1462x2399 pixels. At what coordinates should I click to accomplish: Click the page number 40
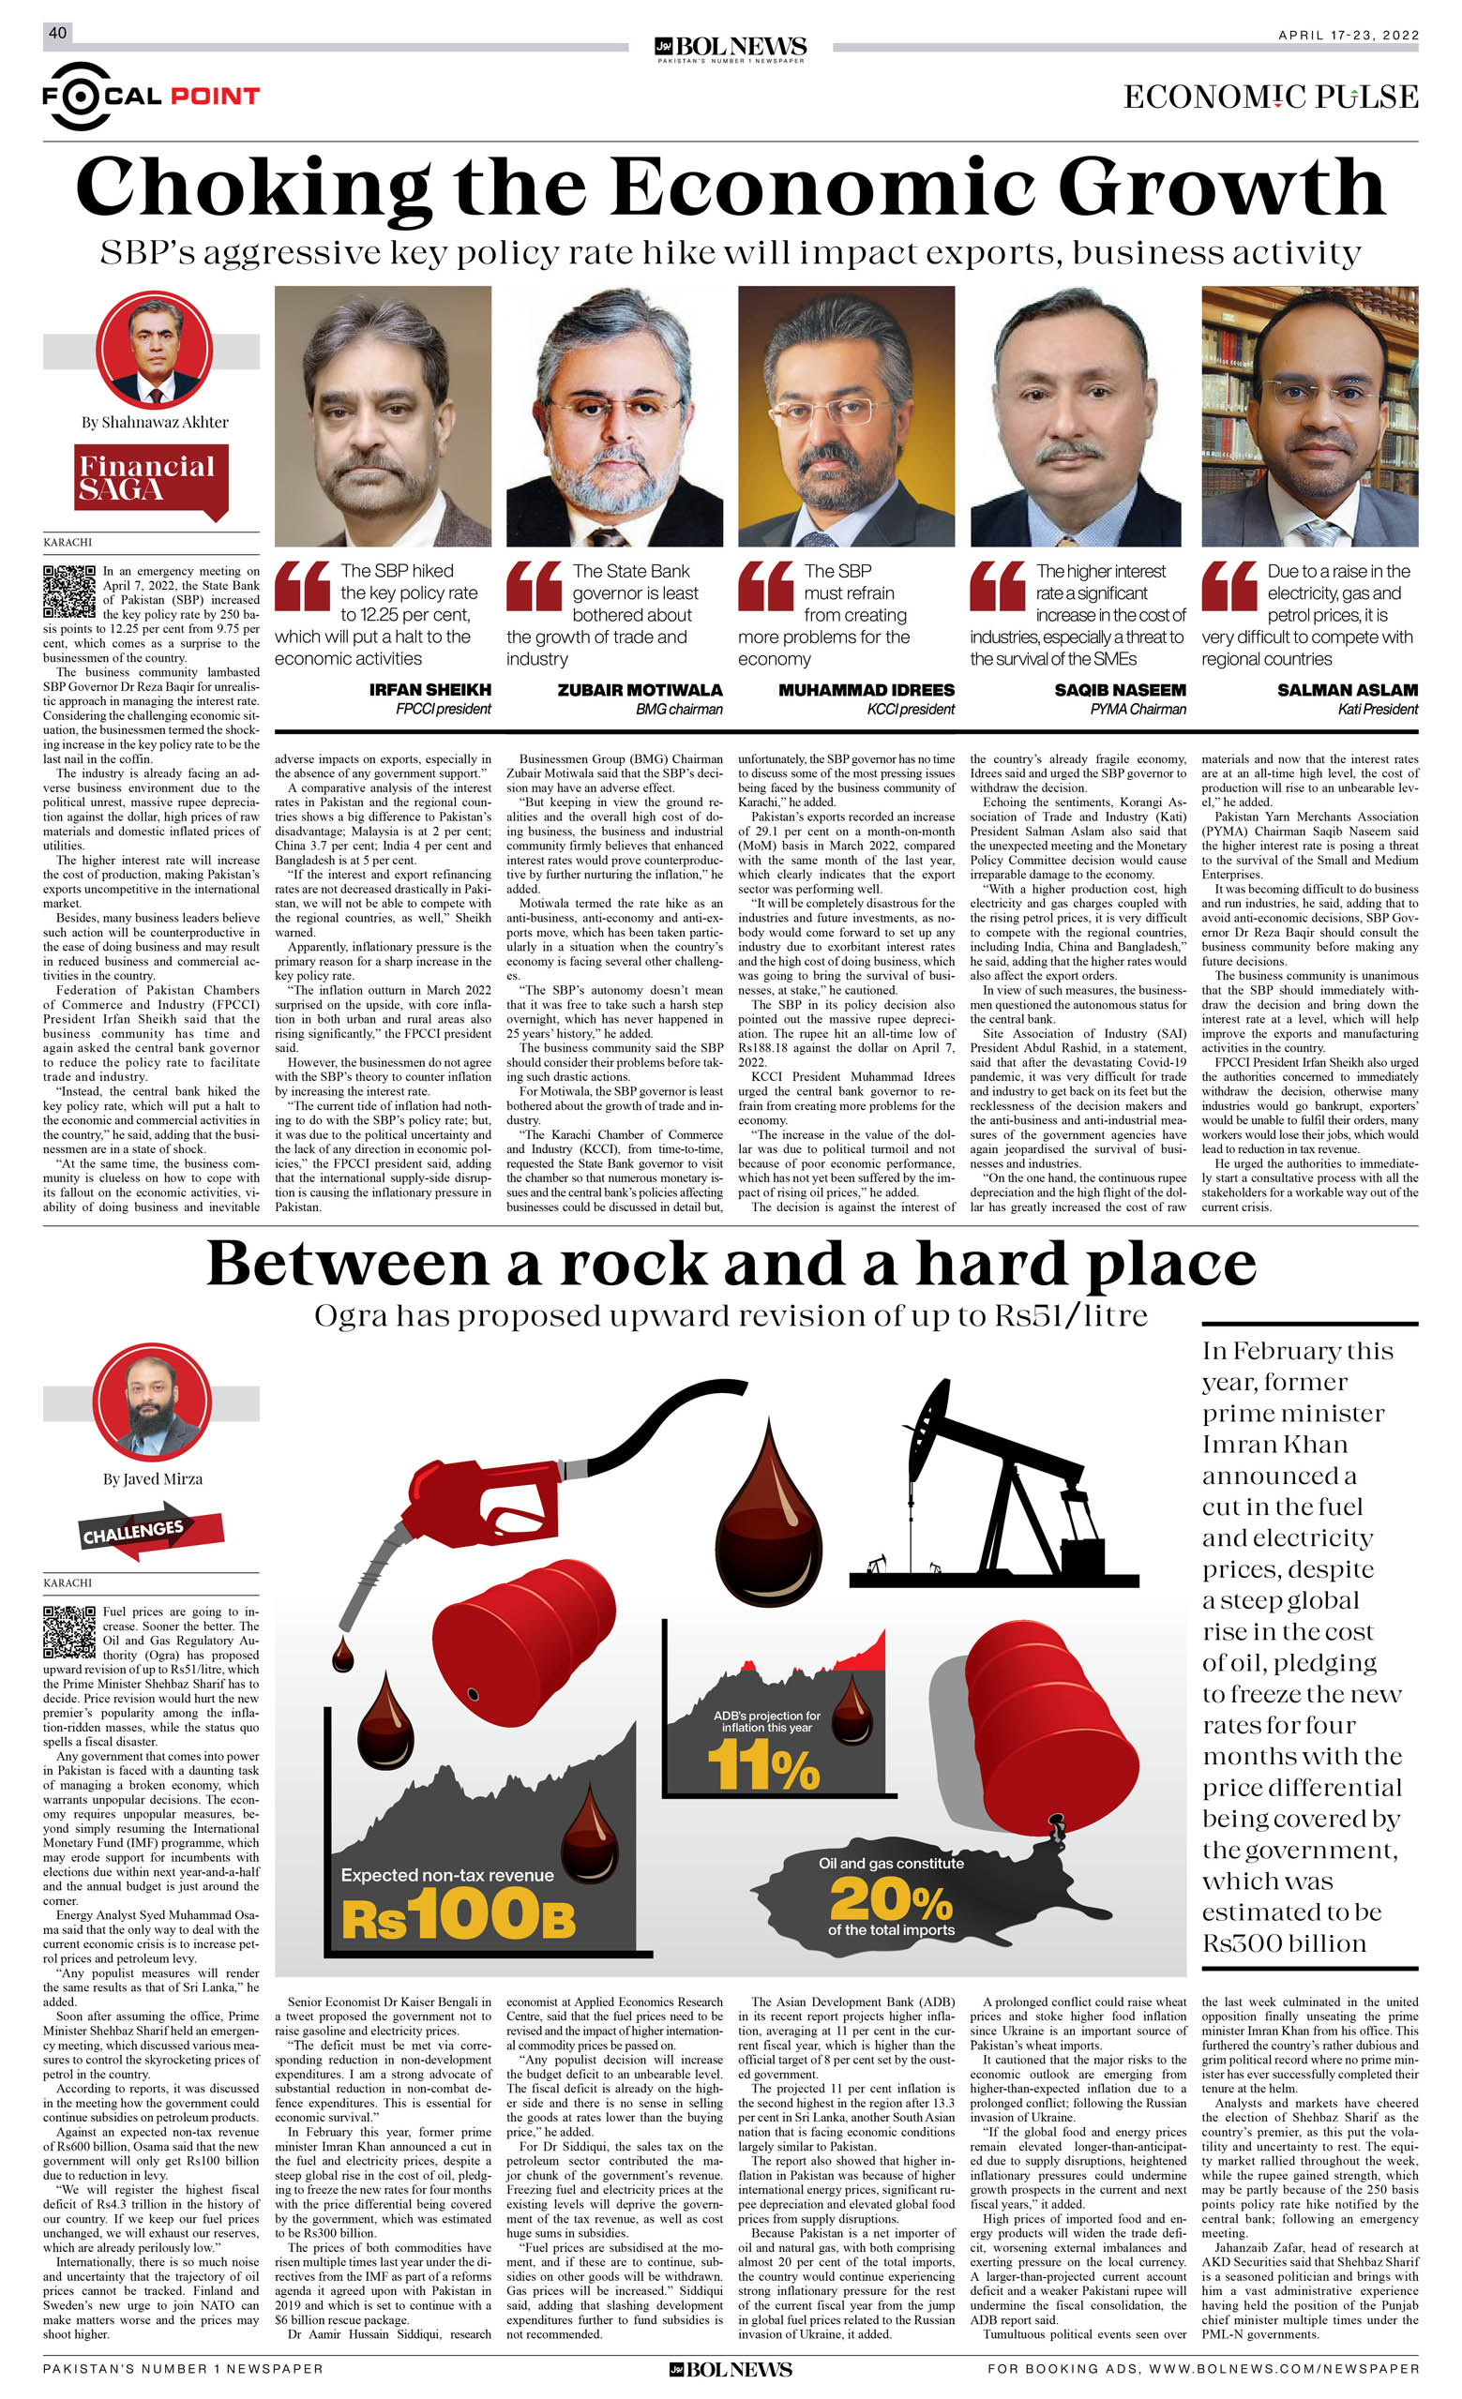(x=57, y=33)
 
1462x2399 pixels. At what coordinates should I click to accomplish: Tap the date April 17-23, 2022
(x=1348, y=35)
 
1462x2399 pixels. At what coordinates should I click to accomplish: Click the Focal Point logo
(x=151, y=96)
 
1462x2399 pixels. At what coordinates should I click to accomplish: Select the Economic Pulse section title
(x=1270, y=97)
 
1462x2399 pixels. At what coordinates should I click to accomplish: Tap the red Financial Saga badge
(x=151, y=480)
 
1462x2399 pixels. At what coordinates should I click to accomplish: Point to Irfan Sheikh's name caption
(x=430, y=689)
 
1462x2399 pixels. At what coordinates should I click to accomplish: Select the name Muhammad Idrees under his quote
(x=866, y=689)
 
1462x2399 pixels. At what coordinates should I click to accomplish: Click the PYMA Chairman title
(x=1137, y=709)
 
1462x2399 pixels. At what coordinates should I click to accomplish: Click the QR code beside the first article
(x=69, y=591)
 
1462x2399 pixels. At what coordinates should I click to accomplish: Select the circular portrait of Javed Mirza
(x=151, y=1402)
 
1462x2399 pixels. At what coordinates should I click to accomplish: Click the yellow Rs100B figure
(x=458, y=1914)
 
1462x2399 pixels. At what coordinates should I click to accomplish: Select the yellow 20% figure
(x=890, y=1897)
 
